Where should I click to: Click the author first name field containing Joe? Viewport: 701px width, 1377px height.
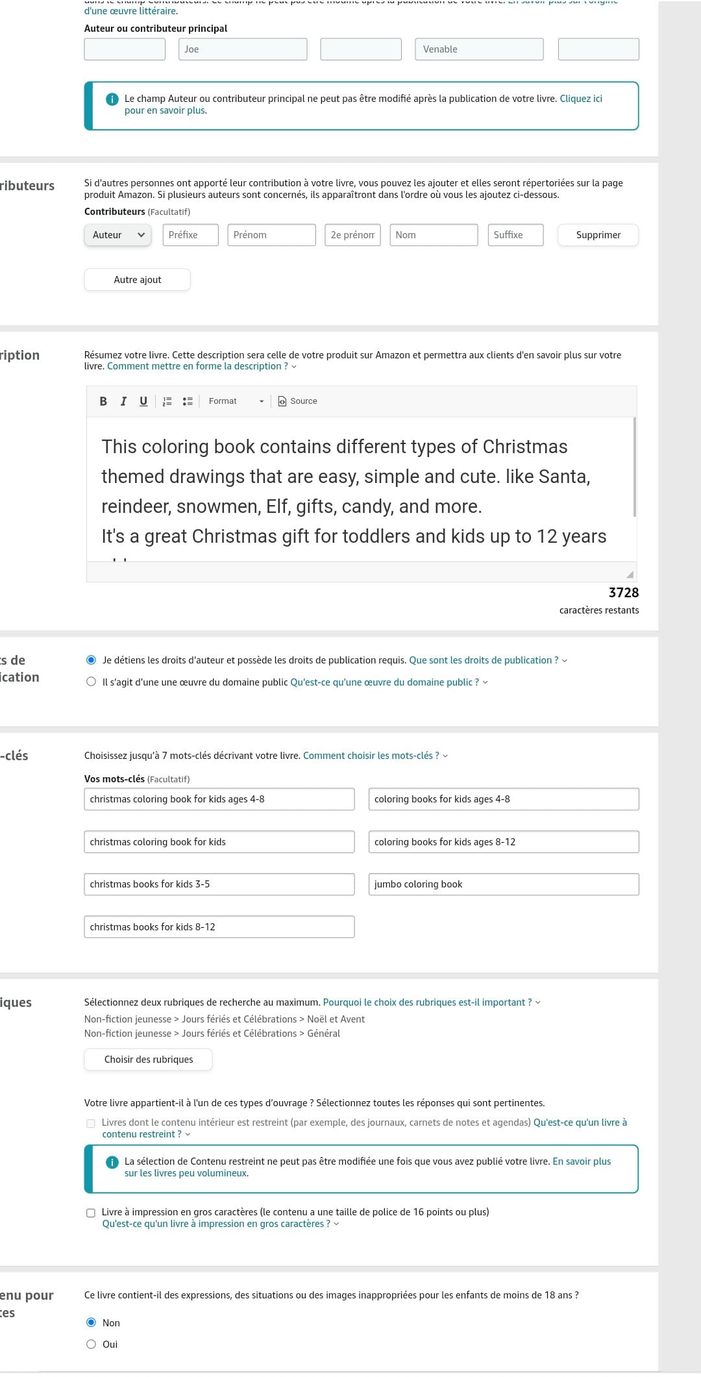pyautogui.click(x=243, y=49)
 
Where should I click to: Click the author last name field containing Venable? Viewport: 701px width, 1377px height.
pyautogui.click(x=479, y=49)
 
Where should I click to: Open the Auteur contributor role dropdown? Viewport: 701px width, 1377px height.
pyautogui.click(x=117, y=235)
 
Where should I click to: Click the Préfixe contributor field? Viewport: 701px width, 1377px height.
pyautogui.click(x=190, y=235)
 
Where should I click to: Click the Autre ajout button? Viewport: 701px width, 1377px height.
pyautogui.click(x=137, y=280)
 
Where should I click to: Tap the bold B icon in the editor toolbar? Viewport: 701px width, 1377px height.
pyautogui.click(x=103, y=401)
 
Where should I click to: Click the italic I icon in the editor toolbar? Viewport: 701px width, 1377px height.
pyautogui.click(x=123, y=401)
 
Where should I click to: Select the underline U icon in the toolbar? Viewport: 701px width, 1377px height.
pyautogui.click(x=143, y=401)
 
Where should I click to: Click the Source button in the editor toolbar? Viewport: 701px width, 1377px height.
pyautogui.click(x=298, y=401)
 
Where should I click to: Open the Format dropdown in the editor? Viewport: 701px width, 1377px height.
pyautogui.click(x=236, y=401)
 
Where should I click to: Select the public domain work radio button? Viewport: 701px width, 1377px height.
pyautogui.click(x=92, y=682)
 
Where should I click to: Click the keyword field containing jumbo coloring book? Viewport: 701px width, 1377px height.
pyautogui.click(x=504, y=884)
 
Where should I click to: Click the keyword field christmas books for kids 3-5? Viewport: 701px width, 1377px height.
pyautogui.click(x=219, y=884)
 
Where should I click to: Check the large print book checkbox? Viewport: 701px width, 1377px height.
pyautogui.click(x=91, y=1213)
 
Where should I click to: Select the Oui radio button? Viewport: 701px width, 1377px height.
pyautogui.click(x=92, y=1344)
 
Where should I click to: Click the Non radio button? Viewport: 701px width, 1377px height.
pyautogui.click(x=92, y=1322)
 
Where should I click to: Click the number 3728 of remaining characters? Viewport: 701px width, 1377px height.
pyautogui.click(x=623, y=593)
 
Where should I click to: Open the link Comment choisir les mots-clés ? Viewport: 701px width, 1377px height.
pyautogui.click(x=371, y=756)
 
